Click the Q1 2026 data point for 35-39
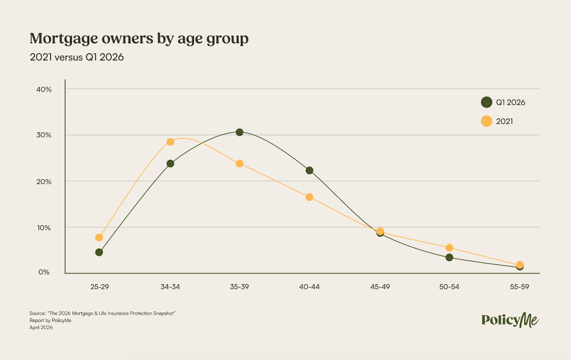[239, 132]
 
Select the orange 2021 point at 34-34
[170, 142]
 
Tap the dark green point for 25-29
[99, 252]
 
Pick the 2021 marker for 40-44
[310, 197]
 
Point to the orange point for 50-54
[449, 248]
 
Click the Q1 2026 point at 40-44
[310, 171]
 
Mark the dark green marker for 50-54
[449, 257]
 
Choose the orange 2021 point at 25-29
[99, 238]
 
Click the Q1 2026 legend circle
[486, 102]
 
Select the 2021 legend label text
[504, 121]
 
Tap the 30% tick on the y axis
[44, 135]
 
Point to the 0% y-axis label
[44, 272]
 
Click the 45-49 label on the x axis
[380, 287]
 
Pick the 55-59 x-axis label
[519, 287]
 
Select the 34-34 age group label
[170, 287]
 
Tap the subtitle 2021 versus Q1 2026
[77, 57]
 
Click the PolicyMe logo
[510, 320]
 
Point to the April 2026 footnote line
[41, 328]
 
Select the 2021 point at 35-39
[239, 164]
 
